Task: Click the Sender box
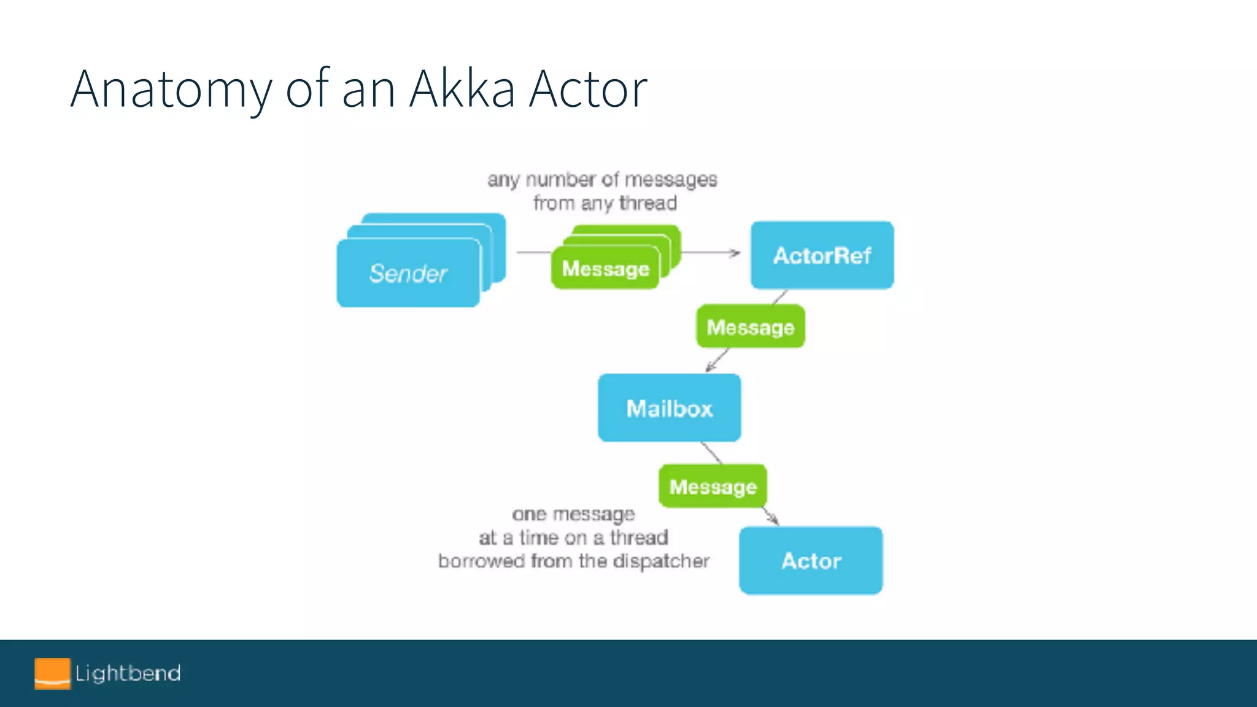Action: [x=408, y=273]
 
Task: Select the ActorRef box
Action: [x=822, y=255]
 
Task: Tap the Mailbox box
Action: [x=669, y=408]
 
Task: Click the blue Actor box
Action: [x=811, y=560]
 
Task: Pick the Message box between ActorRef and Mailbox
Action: [x=750, y=327]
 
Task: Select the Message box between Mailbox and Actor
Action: [x=713, y=487]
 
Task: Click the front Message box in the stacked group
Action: [x=605, y=269]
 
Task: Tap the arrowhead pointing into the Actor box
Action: [x=775, y=521]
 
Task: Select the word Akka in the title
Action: [x=462, y=90]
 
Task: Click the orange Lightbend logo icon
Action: [x=52, y=673]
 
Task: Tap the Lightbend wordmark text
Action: [x=128, y=673]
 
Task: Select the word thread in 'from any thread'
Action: [x=648, y=203]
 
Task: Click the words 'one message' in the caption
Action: [x=573, y=514]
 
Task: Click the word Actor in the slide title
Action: [x=588, y=90]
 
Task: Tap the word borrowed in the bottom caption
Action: [x=481, y=561]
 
